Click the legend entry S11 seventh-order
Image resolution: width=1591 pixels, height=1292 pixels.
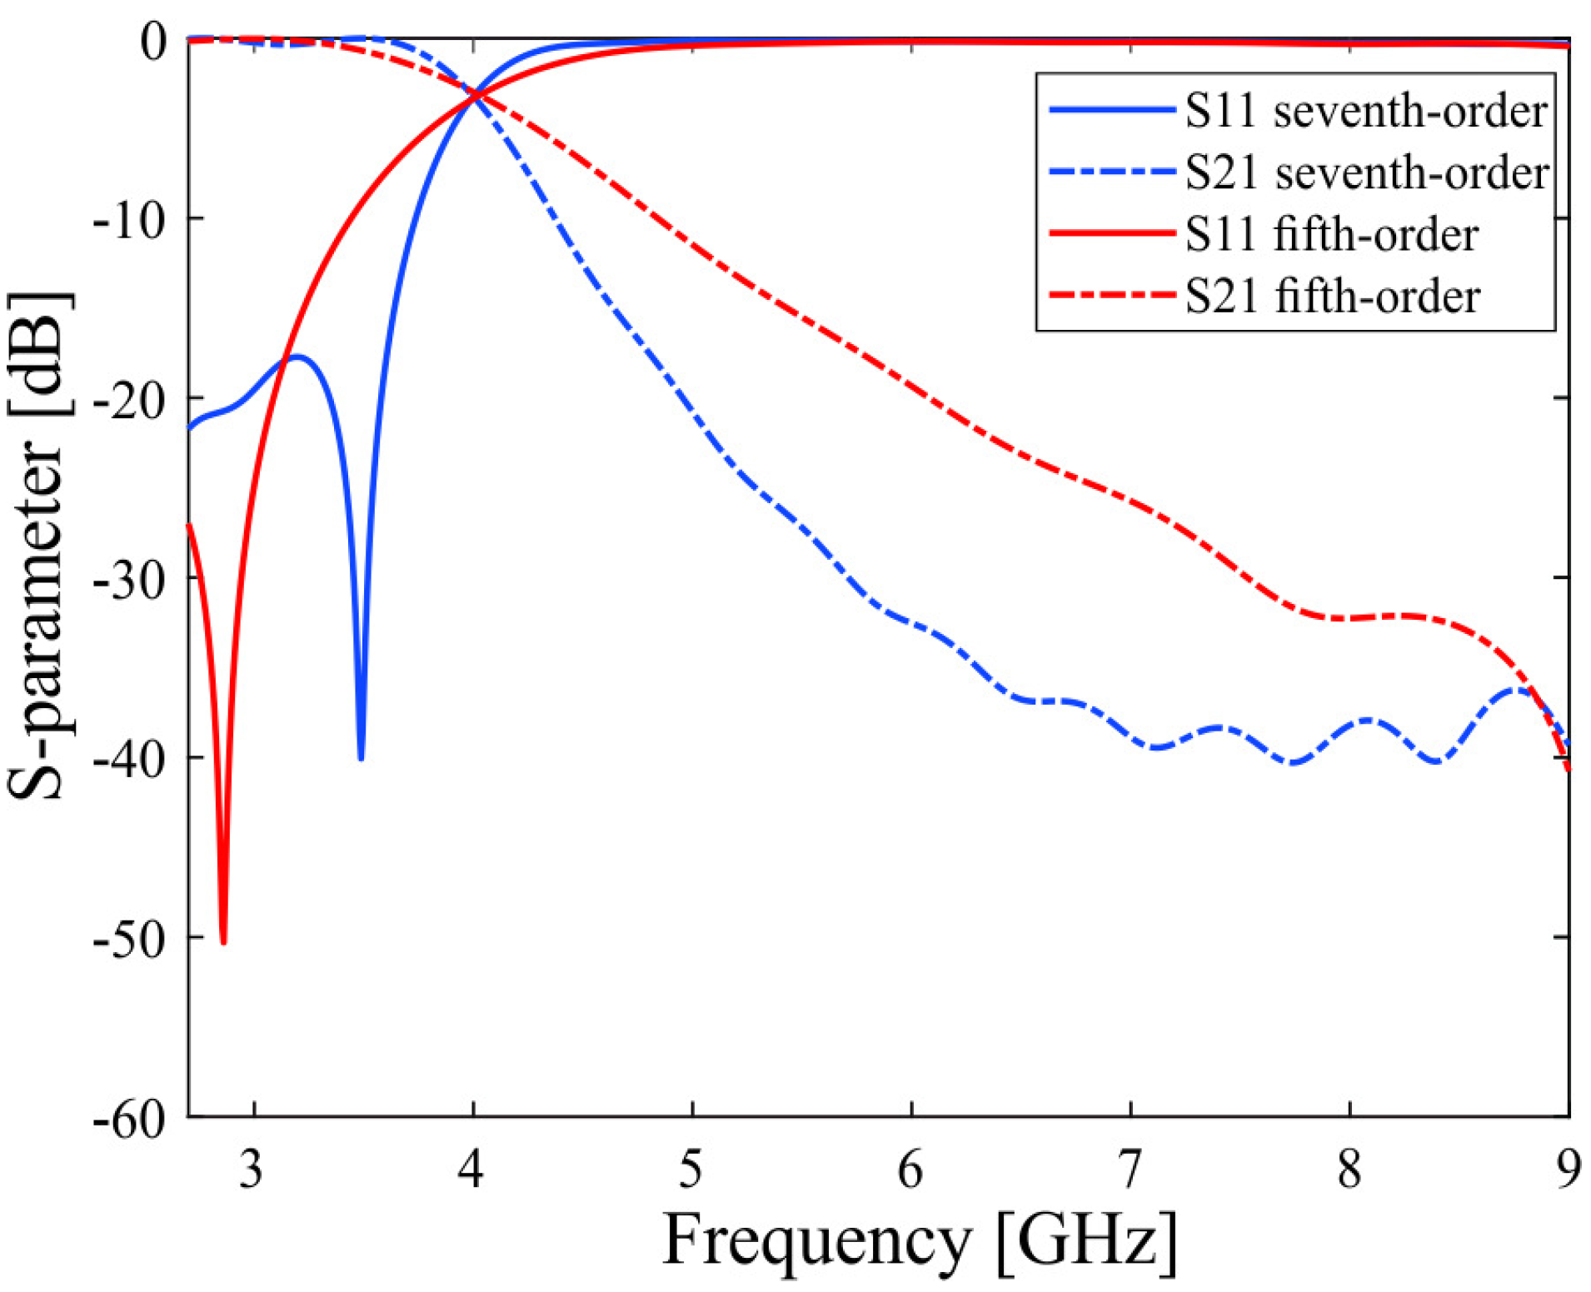pos(1365,111)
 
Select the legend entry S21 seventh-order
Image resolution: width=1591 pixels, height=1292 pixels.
pos(1366,172)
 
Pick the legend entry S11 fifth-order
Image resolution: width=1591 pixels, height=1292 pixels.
pos(1331,234)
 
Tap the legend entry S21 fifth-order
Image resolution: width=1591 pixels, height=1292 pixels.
pos(1332,297)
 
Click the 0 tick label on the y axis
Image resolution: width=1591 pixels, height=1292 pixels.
pos(153,42)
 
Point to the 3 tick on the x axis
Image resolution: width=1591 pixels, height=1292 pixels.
pos(251,1169)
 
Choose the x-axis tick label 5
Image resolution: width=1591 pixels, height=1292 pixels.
pos(691,1169)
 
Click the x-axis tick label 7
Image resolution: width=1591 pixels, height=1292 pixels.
pos(1130,1169)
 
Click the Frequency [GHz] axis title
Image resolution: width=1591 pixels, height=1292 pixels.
pos(920,1241)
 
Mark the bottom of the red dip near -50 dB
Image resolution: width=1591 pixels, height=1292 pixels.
pos(223,942)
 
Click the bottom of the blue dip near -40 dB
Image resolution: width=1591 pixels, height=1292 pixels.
pos(361,758)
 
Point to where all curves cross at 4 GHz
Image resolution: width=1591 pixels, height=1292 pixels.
pos(476,96)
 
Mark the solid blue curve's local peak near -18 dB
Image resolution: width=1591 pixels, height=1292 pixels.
pos(297,357)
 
